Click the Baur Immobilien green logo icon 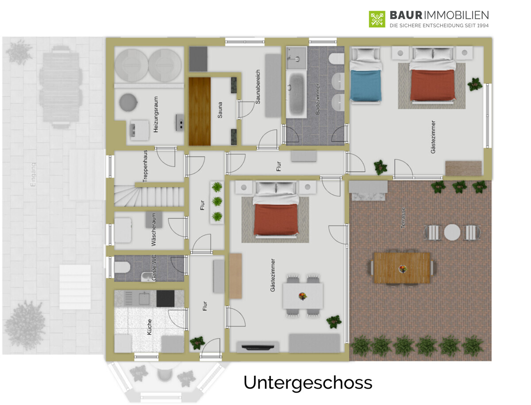coord(377,19)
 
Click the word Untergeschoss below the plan coord(308,383)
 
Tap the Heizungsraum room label coord(156,115)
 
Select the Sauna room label coord(220,110)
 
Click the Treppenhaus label coord(145,166)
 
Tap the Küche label coord(150,327)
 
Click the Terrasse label coord(403,218)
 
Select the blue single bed coord(366,85)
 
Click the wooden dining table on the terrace coord(402,268)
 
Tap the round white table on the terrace coord(452,232)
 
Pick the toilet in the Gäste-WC coord(122,267)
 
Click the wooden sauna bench coord(200,111)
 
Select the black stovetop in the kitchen coord(165,299)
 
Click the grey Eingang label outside coord(34,174)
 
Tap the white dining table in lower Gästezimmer coord(303,296)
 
